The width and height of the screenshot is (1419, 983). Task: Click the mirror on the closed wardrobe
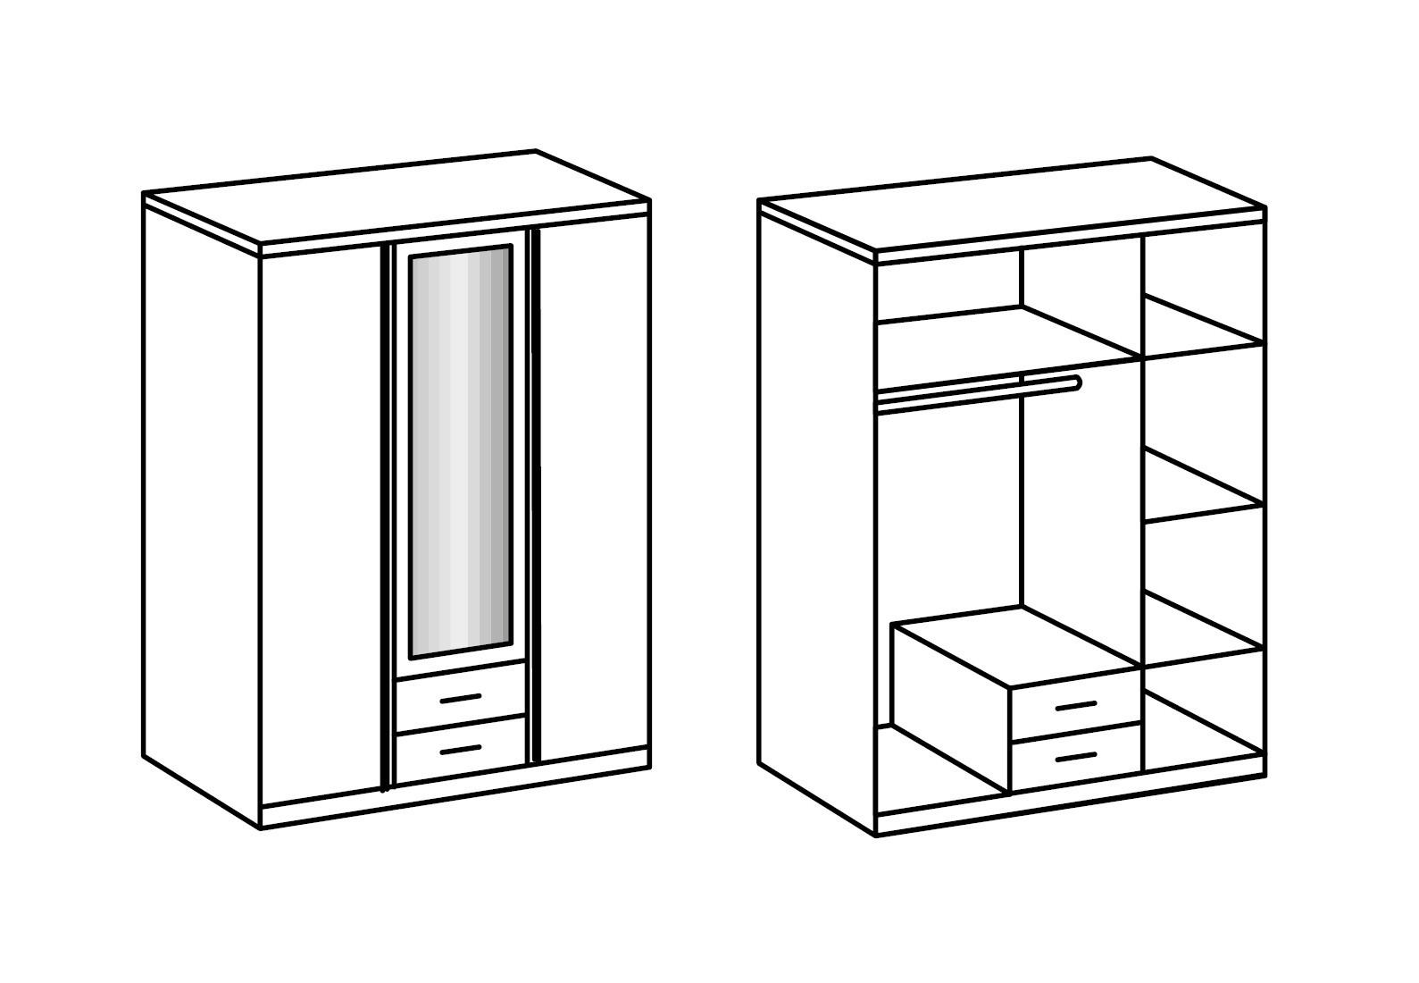coord(460,451)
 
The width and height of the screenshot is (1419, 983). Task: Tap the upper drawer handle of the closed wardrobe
coord(461,698)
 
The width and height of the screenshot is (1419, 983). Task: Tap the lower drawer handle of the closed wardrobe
coord(461,750)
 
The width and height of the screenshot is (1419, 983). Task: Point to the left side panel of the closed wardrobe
coord(202,500)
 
